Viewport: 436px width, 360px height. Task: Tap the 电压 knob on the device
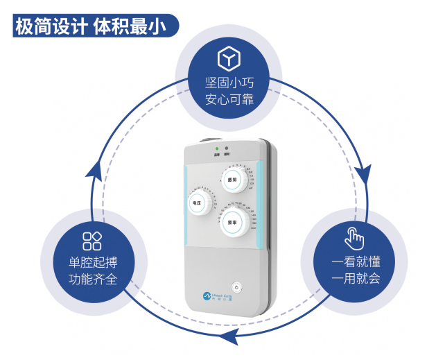[198, 203]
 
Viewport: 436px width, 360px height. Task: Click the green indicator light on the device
[216, 148]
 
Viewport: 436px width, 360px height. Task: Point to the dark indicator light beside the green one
[227, 148]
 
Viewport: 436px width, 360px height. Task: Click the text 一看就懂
[356, 262]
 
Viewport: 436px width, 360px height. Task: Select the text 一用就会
[356, 279]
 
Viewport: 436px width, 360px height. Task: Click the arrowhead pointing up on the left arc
[96, 169]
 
